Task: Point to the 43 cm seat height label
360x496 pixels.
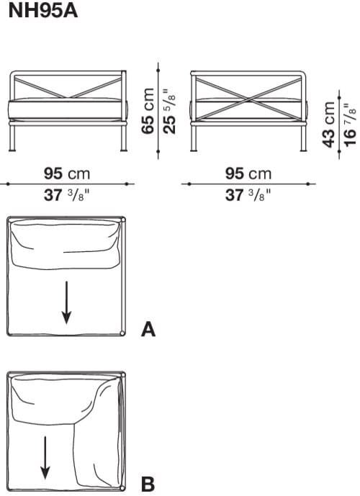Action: [330, 124]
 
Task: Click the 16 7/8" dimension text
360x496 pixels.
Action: [349, 124]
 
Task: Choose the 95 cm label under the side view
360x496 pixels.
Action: [248, 174]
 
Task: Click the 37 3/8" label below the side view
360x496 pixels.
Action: [248, 194]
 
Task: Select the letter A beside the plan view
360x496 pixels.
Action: [148, 330]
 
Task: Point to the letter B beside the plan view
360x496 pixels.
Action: [148, 484]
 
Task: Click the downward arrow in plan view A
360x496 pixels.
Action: [66, 302]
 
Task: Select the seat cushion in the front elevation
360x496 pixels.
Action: [67, 109]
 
